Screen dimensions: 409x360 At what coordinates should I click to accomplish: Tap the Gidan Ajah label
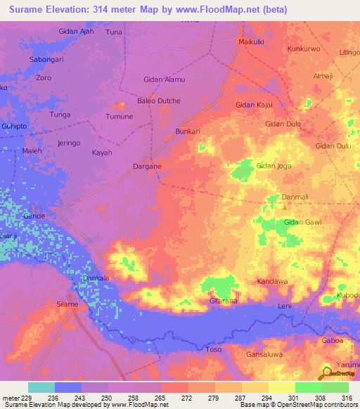tap(75, 32)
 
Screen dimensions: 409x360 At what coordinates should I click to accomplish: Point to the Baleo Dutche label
tap(159, 100)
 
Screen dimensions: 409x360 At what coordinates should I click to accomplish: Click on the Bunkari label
tap(188, 131)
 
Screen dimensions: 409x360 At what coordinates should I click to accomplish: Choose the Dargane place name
tap(148, 167)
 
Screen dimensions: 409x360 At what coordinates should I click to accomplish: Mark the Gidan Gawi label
tap(302, 222)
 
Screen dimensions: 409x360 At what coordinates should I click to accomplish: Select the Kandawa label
tap(272, 282)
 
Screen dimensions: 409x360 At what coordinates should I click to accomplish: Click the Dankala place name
tap(96, 279)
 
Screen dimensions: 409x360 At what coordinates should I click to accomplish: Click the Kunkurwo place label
tap(304, 49)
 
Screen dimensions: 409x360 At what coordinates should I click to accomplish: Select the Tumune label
tap(118, 117)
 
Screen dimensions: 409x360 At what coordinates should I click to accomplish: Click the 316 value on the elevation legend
tap(347, 398)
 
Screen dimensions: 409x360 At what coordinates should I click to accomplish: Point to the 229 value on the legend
tap(27, 398)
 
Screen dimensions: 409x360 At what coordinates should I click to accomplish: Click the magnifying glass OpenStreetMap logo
tap(328, 372)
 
